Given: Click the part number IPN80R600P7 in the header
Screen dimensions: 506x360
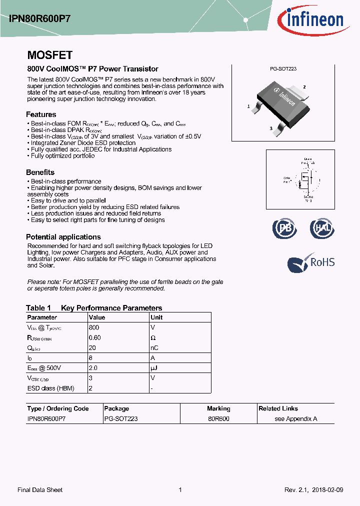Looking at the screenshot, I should (x=40, y=19).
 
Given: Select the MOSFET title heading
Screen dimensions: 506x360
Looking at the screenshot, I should (x=49, y=55).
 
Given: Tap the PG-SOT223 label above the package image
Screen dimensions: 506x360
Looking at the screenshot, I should (x=283, y=69).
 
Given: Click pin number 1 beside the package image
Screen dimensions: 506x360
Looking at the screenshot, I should (x=248, y=106).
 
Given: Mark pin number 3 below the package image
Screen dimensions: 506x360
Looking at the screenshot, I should (x=271, y=128).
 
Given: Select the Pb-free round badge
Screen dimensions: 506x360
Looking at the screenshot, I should (x=284, y=228).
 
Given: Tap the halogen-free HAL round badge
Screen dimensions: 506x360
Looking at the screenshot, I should (x=321, y=228).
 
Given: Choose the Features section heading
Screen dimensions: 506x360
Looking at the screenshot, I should (x=41, y=114).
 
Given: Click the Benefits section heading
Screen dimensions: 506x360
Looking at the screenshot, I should (x=40, y=172).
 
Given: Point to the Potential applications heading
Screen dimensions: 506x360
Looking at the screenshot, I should (x=63, y=237).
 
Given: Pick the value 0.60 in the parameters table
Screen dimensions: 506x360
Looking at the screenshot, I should (x=94, y=337).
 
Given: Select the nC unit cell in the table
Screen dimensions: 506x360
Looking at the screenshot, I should (x=154, y=348).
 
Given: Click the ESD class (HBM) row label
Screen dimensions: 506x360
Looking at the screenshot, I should (x=48, y=388).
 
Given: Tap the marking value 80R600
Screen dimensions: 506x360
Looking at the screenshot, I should (x=218, y=419).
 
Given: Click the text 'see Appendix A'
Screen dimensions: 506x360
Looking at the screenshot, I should (x=296, y=419).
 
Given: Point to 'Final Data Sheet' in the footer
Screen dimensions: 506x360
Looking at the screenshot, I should (x=40, y=490).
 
